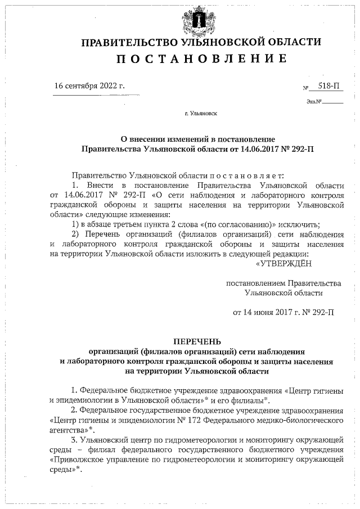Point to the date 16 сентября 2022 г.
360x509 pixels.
(x=89, y=87)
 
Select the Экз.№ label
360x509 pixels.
(x=314, y=102)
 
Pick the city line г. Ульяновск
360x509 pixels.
(x=201, y=114)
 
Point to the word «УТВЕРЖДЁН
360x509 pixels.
(x=284, y=263)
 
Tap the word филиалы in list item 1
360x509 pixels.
(x=246, y=400)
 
